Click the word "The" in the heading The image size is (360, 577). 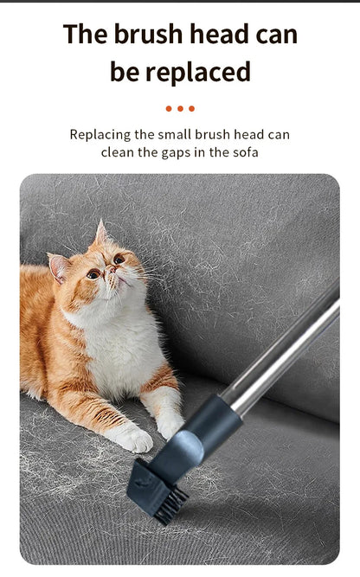tap(86, 35)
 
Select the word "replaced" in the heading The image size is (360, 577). tap(198, 72)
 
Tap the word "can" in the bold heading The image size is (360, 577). tap(276, 35)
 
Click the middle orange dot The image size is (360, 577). tap(180, 108)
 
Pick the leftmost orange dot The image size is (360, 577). tap(169, 108)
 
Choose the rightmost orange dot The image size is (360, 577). tap(191, 108)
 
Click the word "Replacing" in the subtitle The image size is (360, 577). tap(100, 135)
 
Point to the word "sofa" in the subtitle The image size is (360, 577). tap(245, 152)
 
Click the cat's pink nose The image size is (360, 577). tap(111, 270)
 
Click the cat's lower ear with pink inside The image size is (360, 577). tap(58, 266)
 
